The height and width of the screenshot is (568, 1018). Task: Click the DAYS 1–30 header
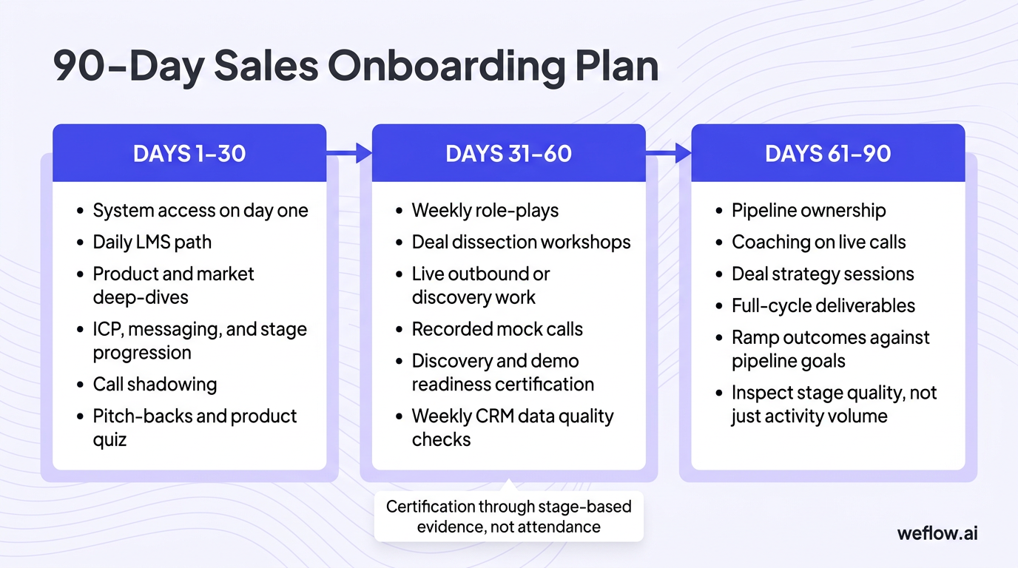189,154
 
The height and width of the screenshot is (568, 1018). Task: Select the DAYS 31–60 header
508,154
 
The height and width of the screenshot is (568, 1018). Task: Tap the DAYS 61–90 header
828,154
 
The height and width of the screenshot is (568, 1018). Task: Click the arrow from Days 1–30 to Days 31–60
349,154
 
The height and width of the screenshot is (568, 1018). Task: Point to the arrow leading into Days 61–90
669,154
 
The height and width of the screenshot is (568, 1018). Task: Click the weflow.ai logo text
937,533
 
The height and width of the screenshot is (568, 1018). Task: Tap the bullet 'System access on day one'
200,211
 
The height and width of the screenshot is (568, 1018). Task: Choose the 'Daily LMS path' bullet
152,242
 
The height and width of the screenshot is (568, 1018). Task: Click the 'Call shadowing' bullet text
155,385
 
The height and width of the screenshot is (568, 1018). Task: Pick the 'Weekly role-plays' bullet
485,211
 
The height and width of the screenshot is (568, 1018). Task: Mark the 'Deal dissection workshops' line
521,242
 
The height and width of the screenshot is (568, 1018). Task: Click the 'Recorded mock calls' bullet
497,329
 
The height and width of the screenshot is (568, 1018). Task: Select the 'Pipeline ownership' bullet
809,211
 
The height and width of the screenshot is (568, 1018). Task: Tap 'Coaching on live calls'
818,242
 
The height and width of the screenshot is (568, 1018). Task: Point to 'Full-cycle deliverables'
823,305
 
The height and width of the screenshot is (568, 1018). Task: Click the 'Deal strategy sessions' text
823,274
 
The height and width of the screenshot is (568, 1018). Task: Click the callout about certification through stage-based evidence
508,516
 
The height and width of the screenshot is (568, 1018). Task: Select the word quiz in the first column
109,440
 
